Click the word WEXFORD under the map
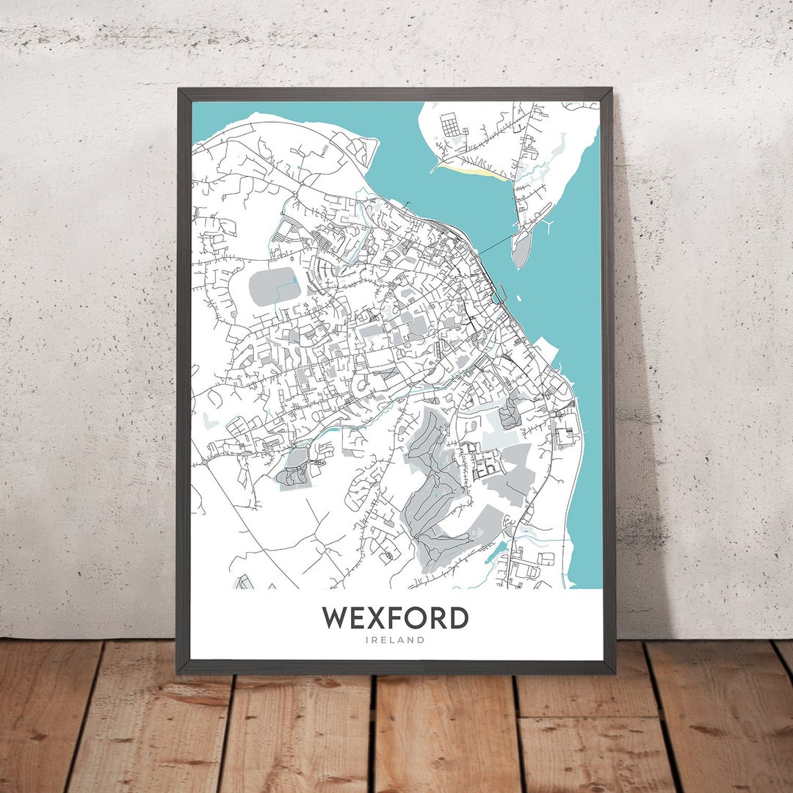click(394, 618)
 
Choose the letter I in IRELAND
click(366, 640)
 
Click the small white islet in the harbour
click(519, 298)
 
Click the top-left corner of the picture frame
click(178, 90)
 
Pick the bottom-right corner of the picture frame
click(614, 672)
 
